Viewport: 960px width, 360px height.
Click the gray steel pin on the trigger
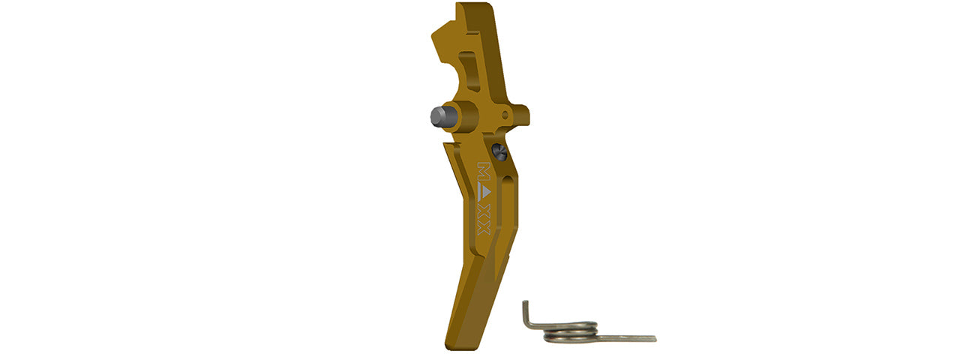(437, 115)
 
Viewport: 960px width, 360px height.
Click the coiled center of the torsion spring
(570, 328)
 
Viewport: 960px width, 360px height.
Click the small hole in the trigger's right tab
(505, 115)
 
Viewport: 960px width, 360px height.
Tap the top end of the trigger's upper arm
(472, 9)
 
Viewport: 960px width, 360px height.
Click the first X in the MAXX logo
(484, 210)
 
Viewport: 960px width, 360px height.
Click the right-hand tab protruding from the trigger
(517, 115)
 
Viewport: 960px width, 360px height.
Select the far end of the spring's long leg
(654, 339)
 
